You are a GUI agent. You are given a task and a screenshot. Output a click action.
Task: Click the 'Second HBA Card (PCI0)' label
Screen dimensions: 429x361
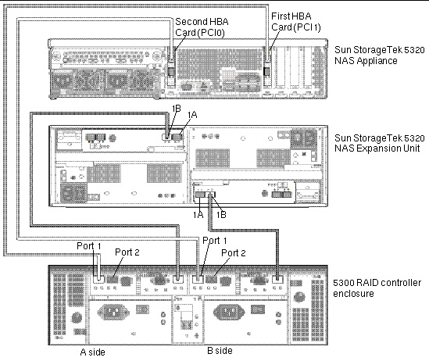[202, 27]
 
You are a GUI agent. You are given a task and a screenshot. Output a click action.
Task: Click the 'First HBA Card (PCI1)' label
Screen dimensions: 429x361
[295, 22]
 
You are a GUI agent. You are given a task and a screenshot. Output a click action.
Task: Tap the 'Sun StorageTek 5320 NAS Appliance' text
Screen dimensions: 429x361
[380, 55]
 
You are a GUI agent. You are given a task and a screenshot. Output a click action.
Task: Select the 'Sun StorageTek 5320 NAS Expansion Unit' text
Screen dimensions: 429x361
[380, 143]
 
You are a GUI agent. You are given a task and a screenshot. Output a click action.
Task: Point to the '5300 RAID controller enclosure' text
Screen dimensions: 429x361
[377, 288]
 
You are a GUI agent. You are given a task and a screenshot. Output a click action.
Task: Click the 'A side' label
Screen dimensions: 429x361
[92, 352]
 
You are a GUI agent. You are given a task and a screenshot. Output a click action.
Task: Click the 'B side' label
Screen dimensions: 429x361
[220, 350]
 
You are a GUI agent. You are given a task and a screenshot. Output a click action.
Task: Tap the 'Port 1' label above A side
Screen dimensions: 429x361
[89, 246]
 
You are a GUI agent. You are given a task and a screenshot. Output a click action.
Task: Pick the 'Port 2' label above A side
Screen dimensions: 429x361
[127, 252]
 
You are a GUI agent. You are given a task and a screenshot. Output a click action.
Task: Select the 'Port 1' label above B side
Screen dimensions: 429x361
[214, 241]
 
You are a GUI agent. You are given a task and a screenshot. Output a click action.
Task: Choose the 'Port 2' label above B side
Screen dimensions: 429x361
[234, 253]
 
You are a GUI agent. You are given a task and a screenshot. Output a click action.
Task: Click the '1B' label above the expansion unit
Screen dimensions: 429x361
[177, 109]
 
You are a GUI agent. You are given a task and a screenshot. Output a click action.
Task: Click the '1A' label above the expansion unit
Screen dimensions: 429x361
[192, 115]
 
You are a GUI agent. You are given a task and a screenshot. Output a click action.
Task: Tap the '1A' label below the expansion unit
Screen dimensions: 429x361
[198, 215]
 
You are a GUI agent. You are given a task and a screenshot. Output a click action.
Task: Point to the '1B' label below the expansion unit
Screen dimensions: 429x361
[221, 215]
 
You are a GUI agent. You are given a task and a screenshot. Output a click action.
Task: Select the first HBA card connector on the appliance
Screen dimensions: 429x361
[266, 72]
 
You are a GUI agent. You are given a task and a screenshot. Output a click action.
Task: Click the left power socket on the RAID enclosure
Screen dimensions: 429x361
[113, 312]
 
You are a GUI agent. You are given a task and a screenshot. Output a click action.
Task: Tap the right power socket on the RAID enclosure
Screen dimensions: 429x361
[229, 312]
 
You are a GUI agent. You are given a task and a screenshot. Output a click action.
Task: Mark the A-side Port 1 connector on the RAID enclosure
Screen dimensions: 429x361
[98, 279]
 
